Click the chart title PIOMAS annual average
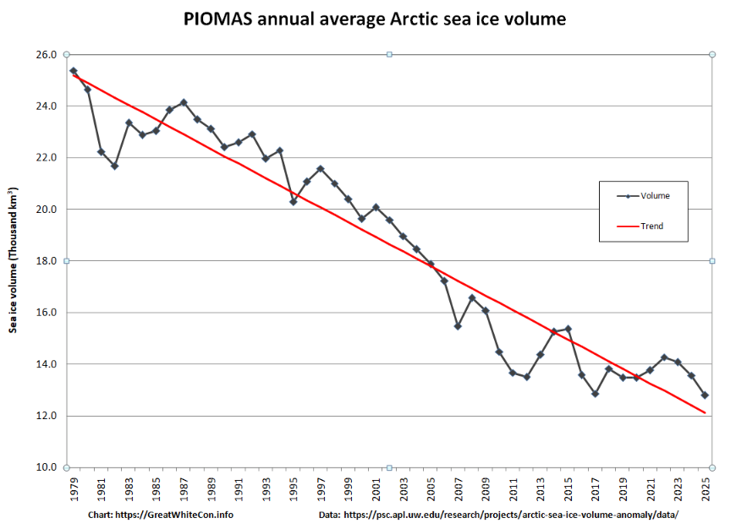coord(374,19)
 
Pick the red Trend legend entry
coord(651,226)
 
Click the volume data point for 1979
coord(74,71)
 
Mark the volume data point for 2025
coord(705,395)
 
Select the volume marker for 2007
coord(458,325)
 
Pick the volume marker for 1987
coord(184,102)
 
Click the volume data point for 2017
coord(595,393)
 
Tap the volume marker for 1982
coord(114,166)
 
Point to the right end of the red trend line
coord(705,412)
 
